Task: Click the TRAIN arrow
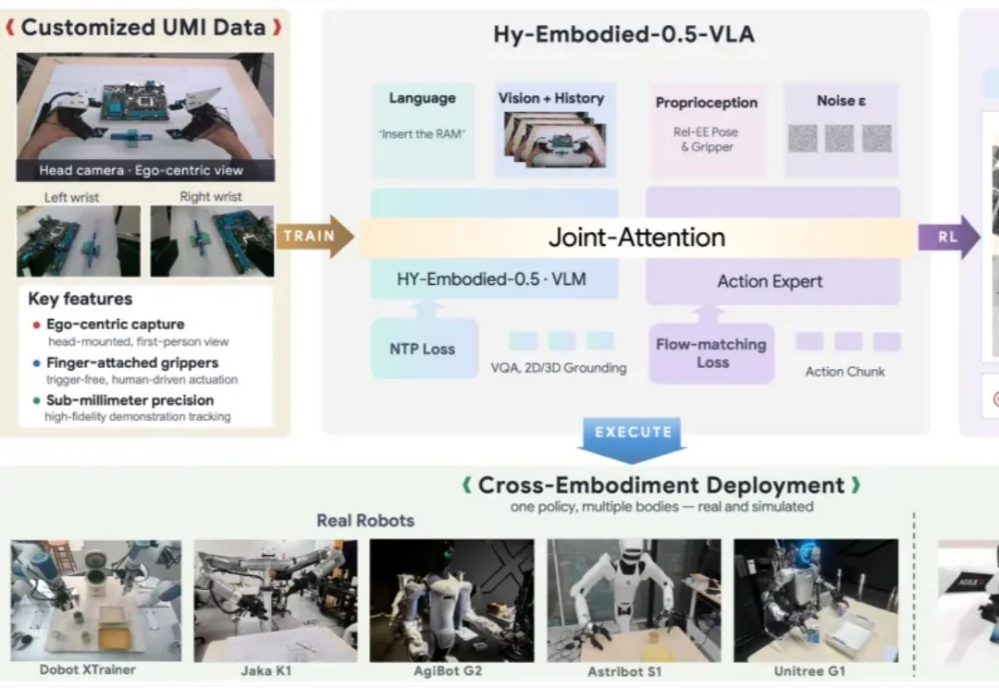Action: click(x=314, y=237)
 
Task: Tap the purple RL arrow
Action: click(x=949, y=237)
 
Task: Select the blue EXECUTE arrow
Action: click(x=632, y=439)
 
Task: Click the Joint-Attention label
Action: click(x=637, y=238)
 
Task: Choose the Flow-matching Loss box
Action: click(x=711, y=353)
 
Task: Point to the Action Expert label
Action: click(x=770, y=281)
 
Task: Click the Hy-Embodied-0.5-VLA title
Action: click(x=623, y=34)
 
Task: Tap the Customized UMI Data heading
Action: click(x=143, y=28)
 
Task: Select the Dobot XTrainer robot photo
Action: click(x=96, y=601)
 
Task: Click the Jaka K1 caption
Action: click(x=266, y=670)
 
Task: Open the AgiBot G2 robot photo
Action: click(x=451, y=601)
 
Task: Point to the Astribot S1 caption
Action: click(x=624, y=671)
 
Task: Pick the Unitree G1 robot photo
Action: click(x=816, y=601)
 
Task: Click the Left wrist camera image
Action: click(x=79, y=240)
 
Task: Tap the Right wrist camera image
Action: click(x=212, y=240)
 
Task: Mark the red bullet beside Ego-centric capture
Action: click(x=36, y=325)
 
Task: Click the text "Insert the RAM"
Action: click(x=422, y=134)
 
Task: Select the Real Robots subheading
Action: click(x=365, y=521)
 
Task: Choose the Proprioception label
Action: click(x=707, y=103)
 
